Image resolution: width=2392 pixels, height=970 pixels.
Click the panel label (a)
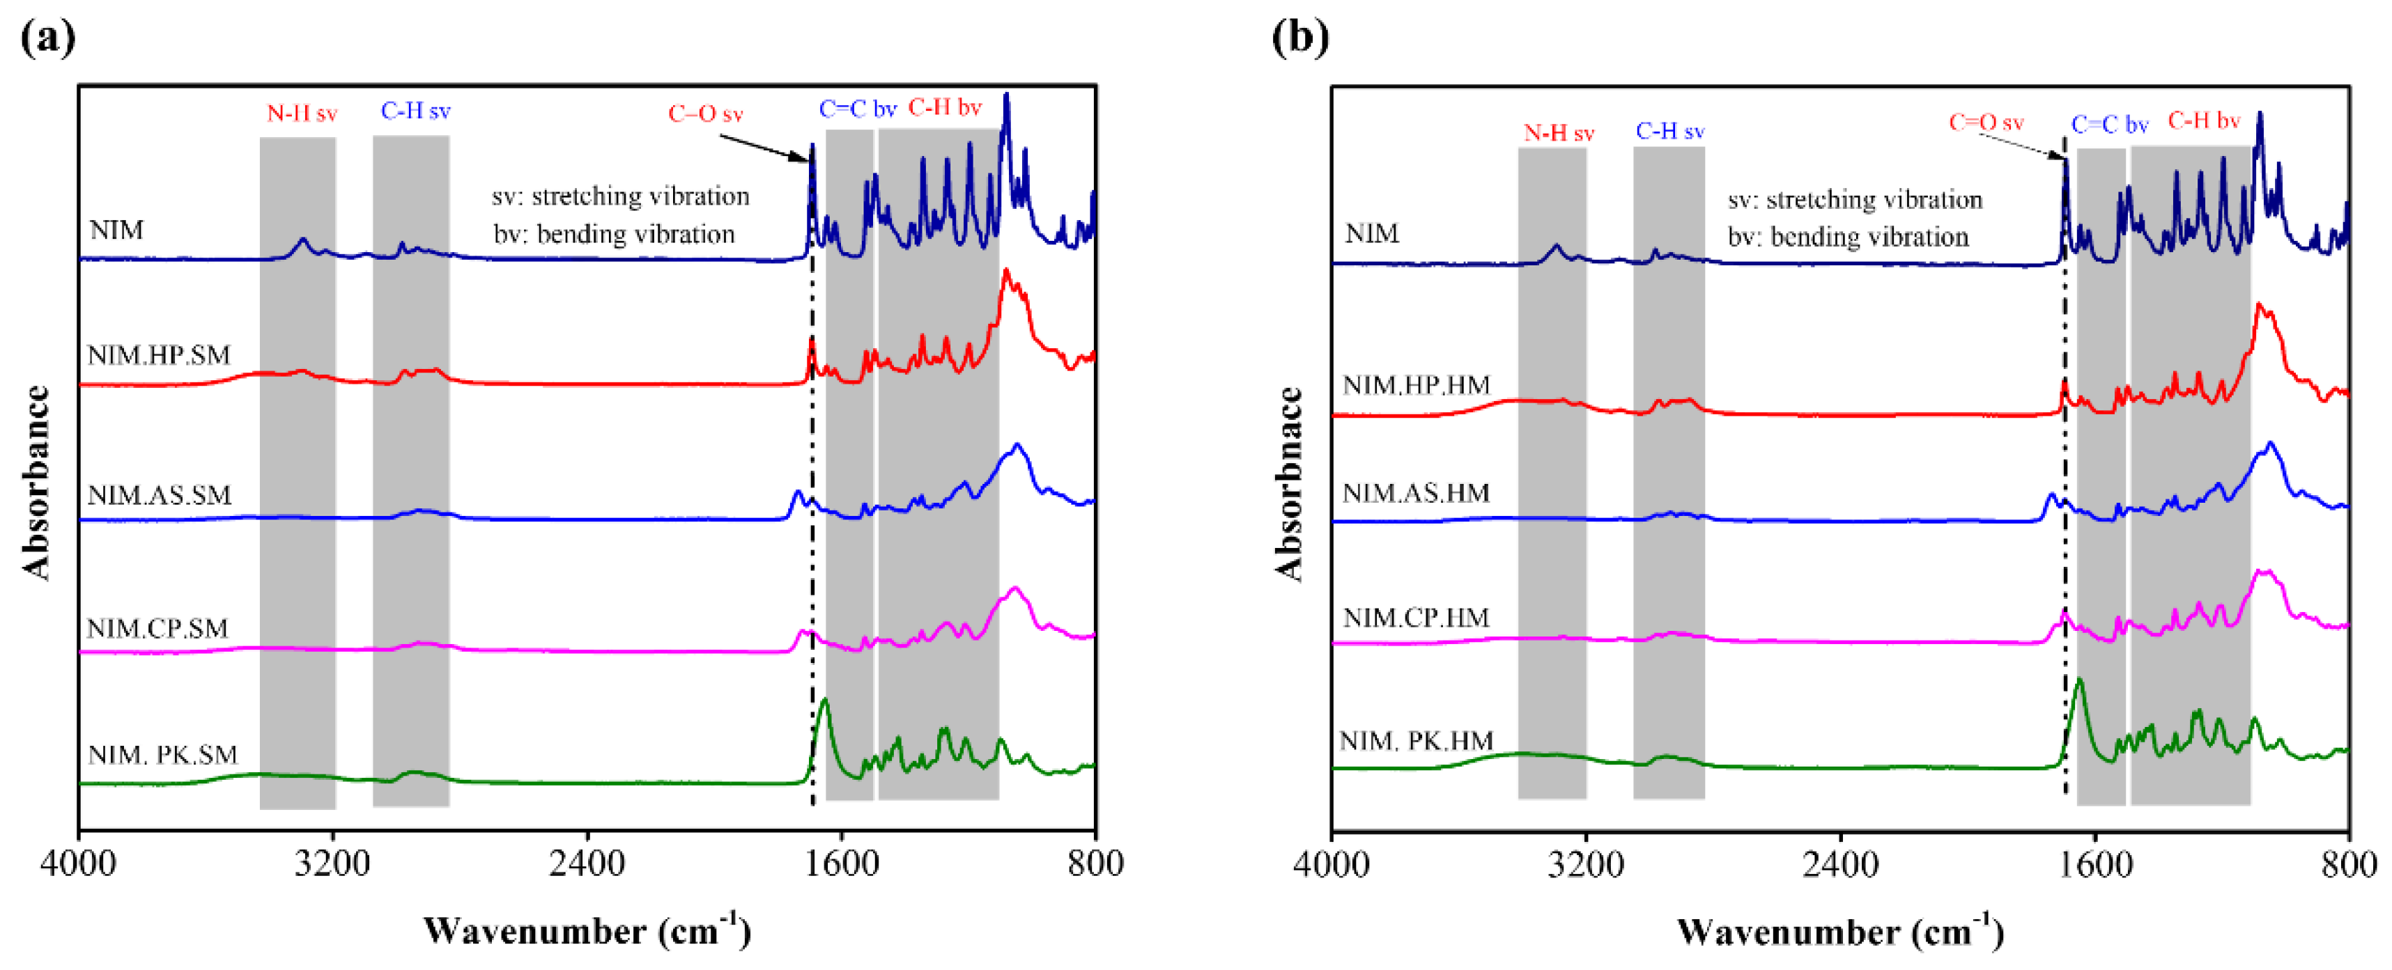48,37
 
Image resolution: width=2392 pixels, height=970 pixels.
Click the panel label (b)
1300,37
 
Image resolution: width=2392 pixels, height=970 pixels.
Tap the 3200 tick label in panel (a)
333,864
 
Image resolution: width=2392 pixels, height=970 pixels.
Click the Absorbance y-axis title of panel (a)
37,482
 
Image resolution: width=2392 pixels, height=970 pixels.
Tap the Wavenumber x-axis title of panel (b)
1839,931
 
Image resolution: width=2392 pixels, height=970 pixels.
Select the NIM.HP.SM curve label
159,356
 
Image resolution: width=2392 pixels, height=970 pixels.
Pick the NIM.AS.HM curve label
1415,493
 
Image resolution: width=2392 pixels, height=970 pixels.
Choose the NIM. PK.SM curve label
162,755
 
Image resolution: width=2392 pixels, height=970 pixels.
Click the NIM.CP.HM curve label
1415,618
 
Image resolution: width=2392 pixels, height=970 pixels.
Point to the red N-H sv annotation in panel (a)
302,114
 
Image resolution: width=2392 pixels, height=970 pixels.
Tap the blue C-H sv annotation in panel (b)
1669,131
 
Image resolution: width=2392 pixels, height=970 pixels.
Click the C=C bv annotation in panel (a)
857,109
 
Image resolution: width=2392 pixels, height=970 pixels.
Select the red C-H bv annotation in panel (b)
2203,120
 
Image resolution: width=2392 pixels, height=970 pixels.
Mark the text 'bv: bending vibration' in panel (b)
1847,237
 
